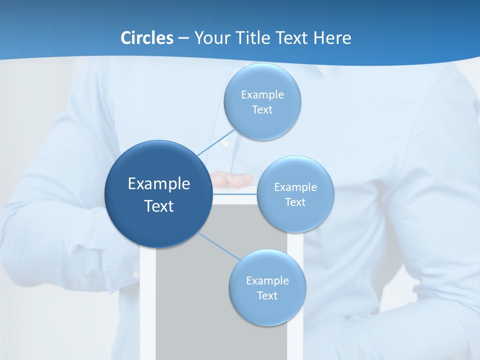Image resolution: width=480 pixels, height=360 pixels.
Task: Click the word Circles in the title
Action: click(146, 38)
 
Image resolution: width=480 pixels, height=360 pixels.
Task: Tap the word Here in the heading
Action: click(332, 38)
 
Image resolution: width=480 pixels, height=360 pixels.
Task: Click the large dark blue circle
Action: click(158, 194)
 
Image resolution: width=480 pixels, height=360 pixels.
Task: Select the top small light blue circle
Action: click(262, 102)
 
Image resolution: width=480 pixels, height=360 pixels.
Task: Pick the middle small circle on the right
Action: click(295, 194)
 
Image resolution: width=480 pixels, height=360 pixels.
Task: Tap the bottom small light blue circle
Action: click(267, 287)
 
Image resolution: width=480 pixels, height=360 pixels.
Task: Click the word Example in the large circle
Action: click(159, 184)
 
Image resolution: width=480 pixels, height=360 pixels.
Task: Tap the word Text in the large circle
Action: click(159, 206)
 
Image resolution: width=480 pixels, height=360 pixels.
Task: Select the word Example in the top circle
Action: click(262, 94)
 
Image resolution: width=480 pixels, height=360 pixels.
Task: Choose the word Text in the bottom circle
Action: click(267, 295)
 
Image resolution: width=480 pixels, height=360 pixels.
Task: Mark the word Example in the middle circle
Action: click(295, 187)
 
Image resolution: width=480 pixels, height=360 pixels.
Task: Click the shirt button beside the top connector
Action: click(225, 143)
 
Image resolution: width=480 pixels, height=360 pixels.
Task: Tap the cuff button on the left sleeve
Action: click(135, 274)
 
